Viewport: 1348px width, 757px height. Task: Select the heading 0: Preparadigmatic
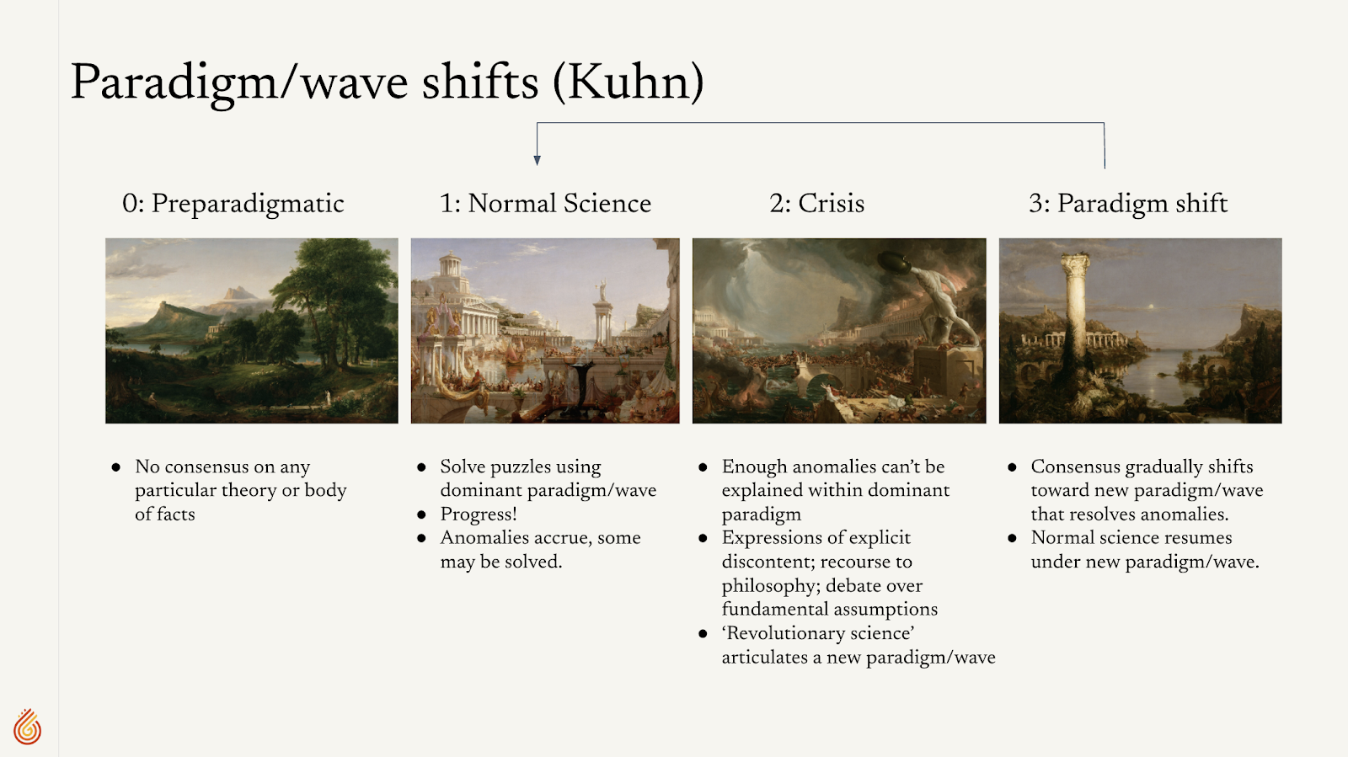click(233, 204)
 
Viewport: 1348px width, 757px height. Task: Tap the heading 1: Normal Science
click(545, 203)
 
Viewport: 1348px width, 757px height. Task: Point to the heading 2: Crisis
click(816, 203)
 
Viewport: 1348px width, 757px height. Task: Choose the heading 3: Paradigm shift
click(1128, 204)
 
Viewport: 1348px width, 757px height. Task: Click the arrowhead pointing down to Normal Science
click(537, 160)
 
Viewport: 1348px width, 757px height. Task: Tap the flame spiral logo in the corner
click(28, 727)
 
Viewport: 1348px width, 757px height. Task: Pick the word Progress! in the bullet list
click(479, 514)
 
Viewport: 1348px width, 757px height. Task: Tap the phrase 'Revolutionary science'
click(818, 633)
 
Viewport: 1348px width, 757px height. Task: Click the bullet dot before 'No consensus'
click(116, 467)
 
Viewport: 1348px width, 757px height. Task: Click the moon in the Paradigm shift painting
click(1151, 307)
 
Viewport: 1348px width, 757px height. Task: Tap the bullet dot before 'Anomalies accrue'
click(421, 538)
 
